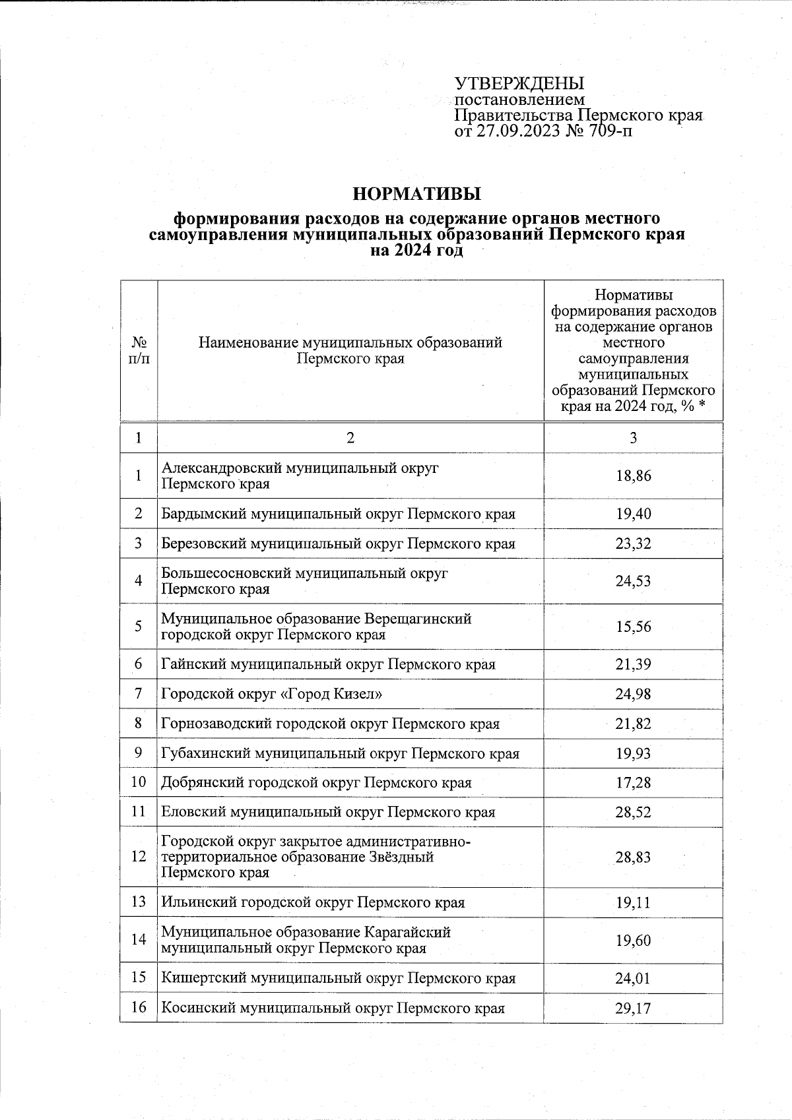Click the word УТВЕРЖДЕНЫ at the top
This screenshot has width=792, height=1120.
pyautogui.click(x=519, y=84)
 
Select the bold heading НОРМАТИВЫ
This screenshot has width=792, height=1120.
pyautogui.click(x=416, y=194)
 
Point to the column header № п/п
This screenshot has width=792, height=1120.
pyautogui.click(x=139, y=350)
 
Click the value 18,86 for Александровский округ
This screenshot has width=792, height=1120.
pyautogui.click(x=633, y=476)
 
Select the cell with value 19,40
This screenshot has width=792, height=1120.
pyautogui.click(x=633, y=513)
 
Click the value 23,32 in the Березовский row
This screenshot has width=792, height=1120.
pyautogui.click(x=633, y=544)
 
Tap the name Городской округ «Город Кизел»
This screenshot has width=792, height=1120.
pyautogui.click(x=272, y=694)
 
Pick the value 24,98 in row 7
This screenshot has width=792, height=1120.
pyautogui.click(x=633, y=694)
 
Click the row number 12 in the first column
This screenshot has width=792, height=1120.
pyautogui.click(x=139, y=857)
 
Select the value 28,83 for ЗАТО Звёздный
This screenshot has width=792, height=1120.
pyautogui.click(x=633, y=857)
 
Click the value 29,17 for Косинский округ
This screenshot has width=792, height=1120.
pyautogui.click(x=633, y=1008)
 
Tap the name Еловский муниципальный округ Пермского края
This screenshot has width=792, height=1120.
pyautogui.click(x=328, y=812)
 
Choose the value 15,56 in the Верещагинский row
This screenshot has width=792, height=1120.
pyautogui.click(x=633, y=626)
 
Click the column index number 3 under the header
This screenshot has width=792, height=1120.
pyautogui.click(x=633, y=438)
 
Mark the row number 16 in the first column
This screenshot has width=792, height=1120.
pyautogui.click(x=139, y=1008)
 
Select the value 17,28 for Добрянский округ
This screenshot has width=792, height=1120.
pyautogui.click(x=633, y=782)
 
